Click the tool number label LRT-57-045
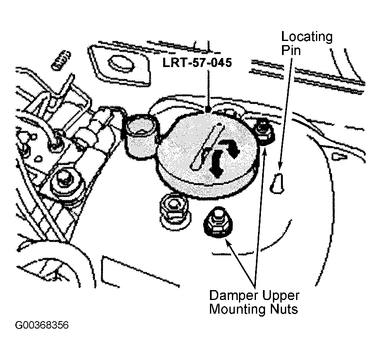click(197, 62)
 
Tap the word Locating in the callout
click(307, 37)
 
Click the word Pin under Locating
click(291, 50)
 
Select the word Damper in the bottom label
click(234, 296)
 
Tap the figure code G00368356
click(42, 325)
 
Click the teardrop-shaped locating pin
click(277, 184)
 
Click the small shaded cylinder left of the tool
click(140, 137)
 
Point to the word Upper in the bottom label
click(280, 296)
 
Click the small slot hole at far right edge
click(339, 156)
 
